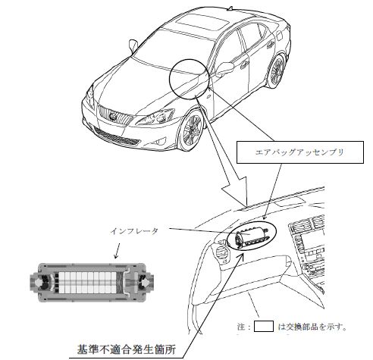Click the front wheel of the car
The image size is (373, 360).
click(193, 130)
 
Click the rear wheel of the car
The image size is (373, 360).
click(277, 71)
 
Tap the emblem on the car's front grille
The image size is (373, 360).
click(113, 117)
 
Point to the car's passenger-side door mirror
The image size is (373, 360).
click(224, 68)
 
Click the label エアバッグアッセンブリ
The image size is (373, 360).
click(299, 152)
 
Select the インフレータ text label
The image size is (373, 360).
click(134, 231)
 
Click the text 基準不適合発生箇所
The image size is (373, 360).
click(127, 349)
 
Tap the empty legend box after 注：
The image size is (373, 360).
click(264, 326)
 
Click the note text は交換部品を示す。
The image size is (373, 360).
click(312, 327)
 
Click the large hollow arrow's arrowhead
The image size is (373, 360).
click(235, 191)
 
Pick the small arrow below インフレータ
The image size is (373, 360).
click(117, 251)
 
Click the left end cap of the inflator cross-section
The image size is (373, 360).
click(41, 283)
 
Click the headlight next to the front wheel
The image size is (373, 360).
click(157, 117)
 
